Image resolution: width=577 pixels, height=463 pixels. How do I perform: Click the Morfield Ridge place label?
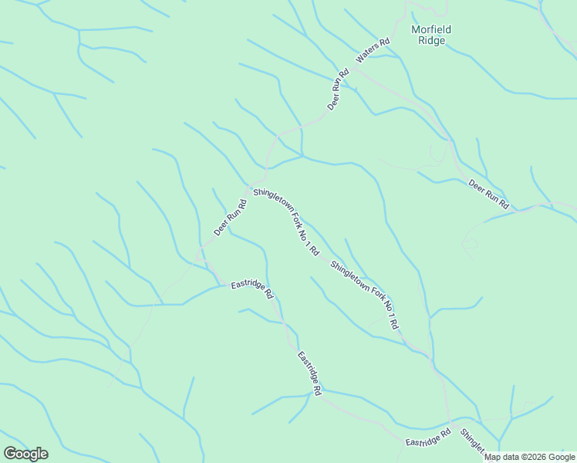[x=431, y=35]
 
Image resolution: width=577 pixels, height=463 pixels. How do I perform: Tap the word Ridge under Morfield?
[x=431, y=41]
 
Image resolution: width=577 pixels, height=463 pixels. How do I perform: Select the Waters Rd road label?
[x=373, y=49]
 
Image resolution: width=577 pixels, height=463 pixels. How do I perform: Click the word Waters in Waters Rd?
[x=369, y=52]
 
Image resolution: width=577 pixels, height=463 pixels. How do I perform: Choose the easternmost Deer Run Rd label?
[x=489, y=194]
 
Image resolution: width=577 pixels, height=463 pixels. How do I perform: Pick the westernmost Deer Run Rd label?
[x=230, y=218]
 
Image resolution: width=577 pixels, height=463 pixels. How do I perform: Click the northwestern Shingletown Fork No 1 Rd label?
[x=286, y=221]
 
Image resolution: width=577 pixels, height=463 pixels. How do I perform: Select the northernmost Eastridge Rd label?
[x=252, y=289]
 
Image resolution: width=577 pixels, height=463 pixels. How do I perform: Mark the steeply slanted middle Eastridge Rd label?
[x=309, y=373]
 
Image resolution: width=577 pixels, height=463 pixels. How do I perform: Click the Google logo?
[x=25, y=453]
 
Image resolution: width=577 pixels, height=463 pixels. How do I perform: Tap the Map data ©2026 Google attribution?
[x=530, y=457]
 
